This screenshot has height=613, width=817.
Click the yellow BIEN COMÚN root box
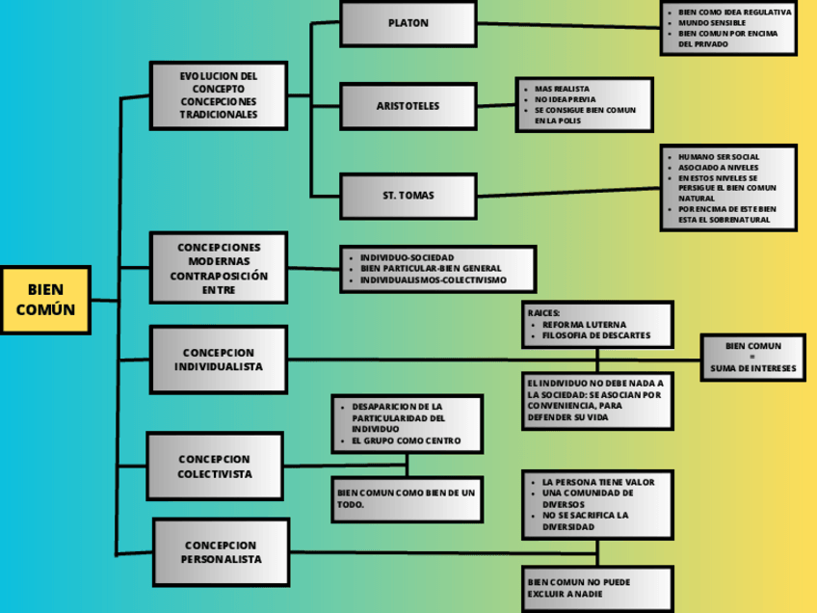[x=45, y=300]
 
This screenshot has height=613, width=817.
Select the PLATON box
[x=408, y=23]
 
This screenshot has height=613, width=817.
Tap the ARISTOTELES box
[x=408, y=105]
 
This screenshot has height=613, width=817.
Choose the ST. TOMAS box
[x=408, y=196]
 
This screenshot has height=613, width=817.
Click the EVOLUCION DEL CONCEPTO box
[x=219, y=94]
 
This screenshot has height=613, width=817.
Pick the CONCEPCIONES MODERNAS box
[x=219, y=268]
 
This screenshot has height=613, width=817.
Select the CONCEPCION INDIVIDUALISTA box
[x=219, y=360]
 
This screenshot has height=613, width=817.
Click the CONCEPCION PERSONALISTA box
[x=221, y=552]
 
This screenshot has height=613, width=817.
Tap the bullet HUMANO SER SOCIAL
[x=719, y=156]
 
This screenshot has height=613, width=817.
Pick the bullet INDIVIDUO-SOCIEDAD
[x=407, y=257]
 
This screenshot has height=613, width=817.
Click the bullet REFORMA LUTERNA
[x=584, y=324]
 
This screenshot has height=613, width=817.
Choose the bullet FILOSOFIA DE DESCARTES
[x=595, y=335]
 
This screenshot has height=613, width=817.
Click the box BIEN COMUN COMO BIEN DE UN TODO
[x=407, y=498]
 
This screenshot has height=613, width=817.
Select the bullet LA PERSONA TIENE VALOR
[x=598, y=481]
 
